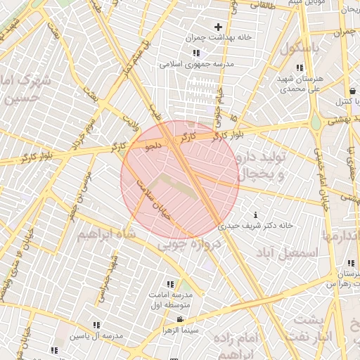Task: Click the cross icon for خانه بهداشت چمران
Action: (218, 27)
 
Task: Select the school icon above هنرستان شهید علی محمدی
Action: (300, 67)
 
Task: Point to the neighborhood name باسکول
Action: (300, 49)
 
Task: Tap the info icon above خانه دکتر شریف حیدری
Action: (255, 214)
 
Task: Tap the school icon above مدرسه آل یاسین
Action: (96, 325)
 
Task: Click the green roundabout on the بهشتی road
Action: (316, 125)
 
